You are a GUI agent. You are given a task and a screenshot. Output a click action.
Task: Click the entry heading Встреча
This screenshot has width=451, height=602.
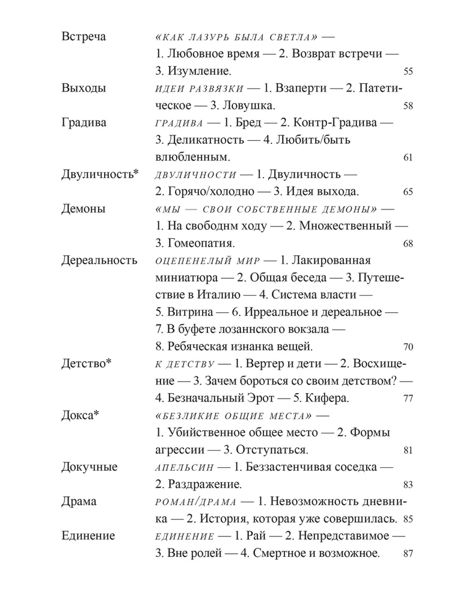84,37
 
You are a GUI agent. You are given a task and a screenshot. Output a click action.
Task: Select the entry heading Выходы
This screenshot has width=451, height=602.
84,88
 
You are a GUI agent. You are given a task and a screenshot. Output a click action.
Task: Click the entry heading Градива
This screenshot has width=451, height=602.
84,123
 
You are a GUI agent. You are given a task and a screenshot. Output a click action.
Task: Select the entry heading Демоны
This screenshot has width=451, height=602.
84,209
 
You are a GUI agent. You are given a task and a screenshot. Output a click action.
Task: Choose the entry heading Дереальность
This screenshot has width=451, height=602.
100,261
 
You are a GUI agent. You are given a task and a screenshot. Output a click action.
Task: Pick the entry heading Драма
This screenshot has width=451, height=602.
79,502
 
